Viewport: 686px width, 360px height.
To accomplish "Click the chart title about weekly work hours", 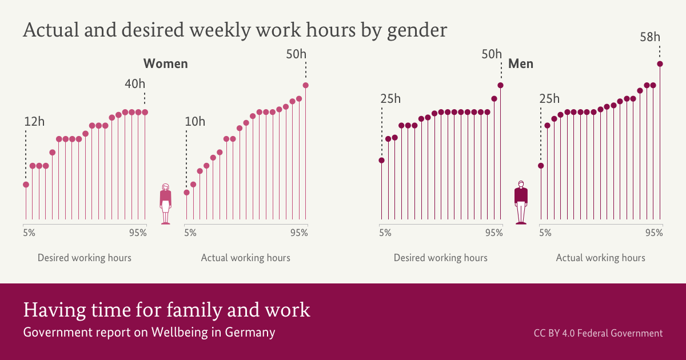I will click(234, 30).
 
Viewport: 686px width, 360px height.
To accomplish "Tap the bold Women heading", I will click(165, 63).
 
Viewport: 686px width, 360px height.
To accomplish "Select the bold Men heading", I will click(521, 63).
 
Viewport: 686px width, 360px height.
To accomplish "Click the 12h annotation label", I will click(34, 121).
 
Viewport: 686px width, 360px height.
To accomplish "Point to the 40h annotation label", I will click(135, 83).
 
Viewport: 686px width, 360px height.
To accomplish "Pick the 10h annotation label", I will click(195, 121).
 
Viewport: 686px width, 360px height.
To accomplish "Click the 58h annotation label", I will click(650, 38).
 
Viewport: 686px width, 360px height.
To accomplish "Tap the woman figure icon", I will click(166, 203).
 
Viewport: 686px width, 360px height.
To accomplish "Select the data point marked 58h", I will click(660, 64).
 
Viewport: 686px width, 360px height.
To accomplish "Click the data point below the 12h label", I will click(26, 185).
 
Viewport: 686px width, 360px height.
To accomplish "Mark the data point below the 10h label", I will click(186, 193).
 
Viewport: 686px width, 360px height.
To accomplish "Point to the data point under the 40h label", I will click(145, 112).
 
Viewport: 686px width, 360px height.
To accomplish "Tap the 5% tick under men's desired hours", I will click(385, 233).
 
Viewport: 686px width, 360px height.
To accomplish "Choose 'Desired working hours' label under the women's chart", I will click(85, 258).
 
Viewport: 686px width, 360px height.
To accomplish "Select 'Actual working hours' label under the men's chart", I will click(601, 258).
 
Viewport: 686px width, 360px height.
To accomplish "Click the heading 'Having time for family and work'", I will click(166, 310).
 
